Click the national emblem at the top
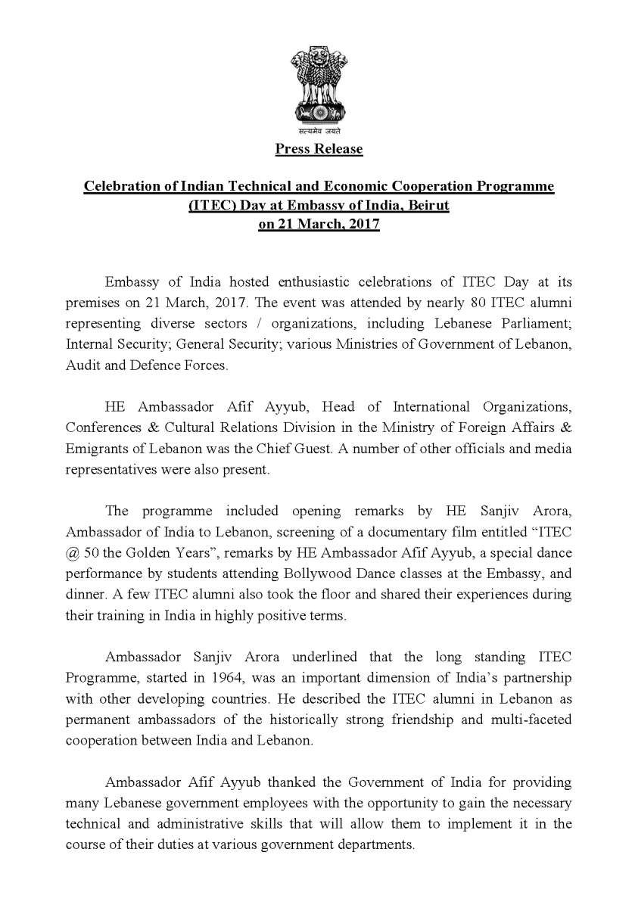point(318,83)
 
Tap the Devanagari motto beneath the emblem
point(318,132)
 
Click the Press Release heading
point(319,149)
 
